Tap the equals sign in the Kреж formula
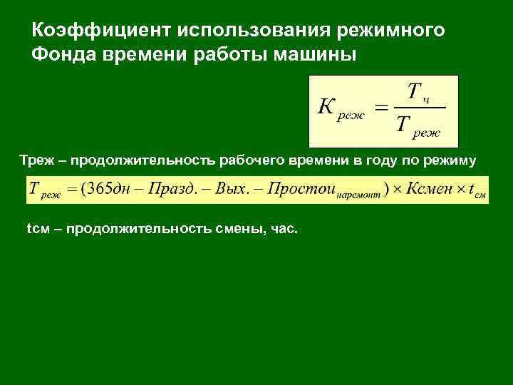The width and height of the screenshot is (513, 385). tap(381, 109)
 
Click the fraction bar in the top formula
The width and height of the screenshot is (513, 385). tap(418, 108)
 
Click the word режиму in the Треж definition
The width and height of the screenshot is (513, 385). tap(449, 160)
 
